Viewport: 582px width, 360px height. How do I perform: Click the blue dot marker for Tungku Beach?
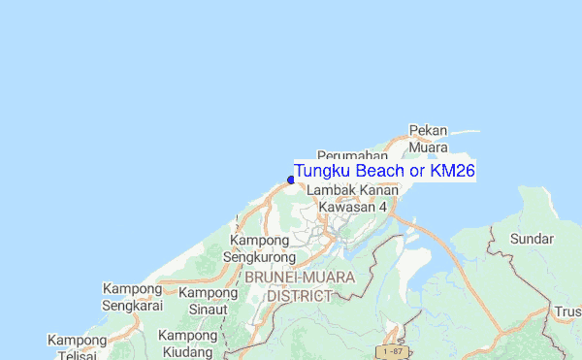[291, 179]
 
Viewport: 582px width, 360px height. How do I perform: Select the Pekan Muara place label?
[428, 139]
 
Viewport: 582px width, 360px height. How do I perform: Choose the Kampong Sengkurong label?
[259, 248]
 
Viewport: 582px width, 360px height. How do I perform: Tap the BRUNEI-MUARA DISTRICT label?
[300, 286]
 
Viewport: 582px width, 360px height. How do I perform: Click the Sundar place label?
[533, 239]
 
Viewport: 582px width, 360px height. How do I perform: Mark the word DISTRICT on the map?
[300, 295]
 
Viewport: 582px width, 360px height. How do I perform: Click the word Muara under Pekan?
[428, 147]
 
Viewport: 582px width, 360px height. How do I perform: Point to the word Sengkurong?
[259, 257]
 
